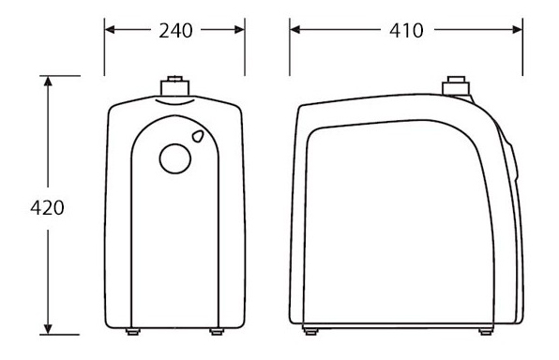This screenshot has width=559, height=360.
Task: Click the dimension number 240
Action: pyautogui.click(x=175, y=31)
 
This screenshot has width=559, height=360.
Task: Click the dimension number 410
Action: pyautogui.click(x=406, y=31)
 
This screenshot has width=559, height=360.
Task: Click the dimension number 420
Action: pyautogui.click(x=47, y=208)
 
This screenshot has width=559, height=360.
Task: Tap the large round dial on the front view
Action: pyautogui.click(x=175, y=158)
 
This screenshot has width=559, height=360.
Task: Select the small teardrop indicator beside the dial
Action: pyautogui.click(x=198, y=136)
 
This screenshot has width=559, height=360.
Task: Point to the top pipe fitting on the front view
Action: pyautogui.click(x=174, y=86)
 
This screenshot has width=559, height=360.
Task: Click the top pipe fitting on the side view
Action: pyautogui.click(x=456, y=85)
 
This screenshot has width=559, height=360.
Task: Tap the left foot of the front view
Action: pyautogui.click(x=133, y=332)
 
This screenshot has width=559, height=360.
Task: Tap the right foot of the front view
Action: pyautogui.click(x=217, y=332)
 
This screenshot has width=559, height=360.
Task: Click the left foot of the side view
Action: pyautogui.click(x=310, y=332)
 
